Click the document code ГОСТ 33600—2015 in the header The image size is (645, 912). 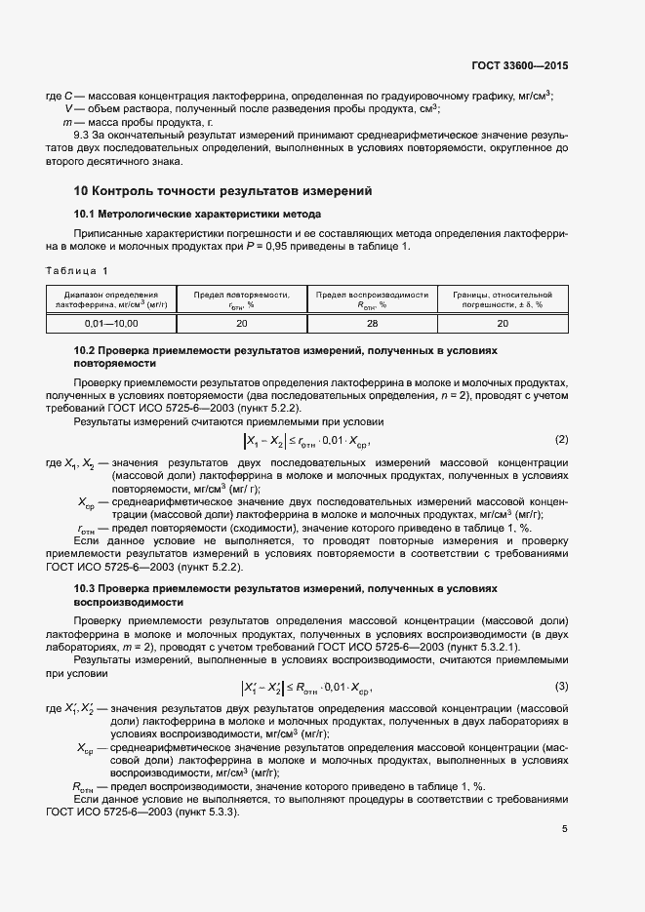(x=518, y=65)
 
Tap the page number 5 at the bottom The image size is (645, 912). (x=565, y=828)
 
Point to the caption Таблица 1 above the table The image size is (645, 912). (x=78, y=270)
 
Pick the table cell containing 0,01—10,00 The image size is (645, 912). (x=111, y=322)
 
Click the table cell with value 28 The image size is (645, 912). (x=372, y=322)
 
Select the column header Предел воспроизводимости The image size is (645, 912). (x=372, y=298)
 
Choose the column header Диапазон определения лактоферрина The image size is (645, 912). (x=111, y=298)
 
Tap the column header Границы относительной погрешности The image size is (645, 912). (x=503, y=298)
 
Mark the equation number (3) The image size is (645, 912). (x=561, y=686)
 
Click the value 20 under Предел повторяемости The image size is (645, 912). (x=242, y=322)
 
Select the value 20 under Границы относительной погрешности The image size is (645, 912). (x=503, y=322)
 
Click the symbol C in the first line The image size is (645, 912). (x=67, y=96)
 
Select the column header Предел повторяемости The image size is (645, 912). (x=242, y=298)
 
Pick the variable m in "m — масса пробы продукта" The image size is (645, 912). (x=67, y=121)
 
